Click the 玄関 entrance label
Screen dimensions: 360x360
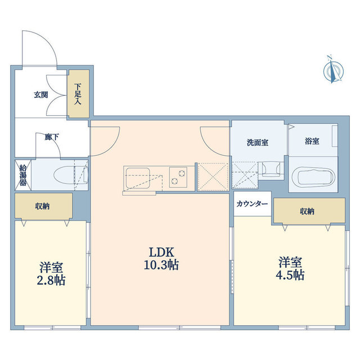pos(41,95)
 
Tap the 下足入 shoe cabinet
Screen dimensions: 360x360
pos(78,94)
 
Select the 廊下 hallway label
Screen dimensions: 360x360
pos(52,137)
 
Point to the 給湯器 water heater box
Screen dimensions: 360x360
pos(23,175)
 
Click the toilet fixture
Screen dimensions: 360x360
pos(71,175)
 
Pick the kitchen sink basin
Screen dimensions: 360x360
pos(137,178)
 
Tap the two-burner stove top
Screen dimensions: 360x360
pos(178,177)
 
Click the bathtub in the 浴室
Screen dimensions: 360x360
pos(313,177)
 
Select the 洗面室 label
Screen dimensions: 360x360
pos(258,142)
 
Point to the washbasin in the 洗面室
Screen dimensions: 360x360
pos(271,169)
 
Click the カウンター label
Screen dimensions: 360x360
pos(252,204)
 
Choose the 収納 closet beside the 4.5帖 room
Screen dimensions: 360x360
pos(309,210)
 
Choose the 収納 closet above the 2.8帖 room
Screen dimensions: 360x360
pos(44,206)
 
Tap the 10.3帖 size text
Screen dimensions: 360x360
pos(161,265)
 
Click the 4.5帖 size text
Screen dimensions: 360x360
pos(290,274)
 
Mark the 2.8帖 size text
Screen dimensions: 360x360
pos(51,280)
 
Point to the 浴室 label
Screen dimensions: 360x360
pos(312,141)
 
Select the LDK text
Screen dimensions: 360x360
pos(161,253)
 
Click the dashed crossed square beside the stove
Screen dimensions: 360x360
pos(213,177)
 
